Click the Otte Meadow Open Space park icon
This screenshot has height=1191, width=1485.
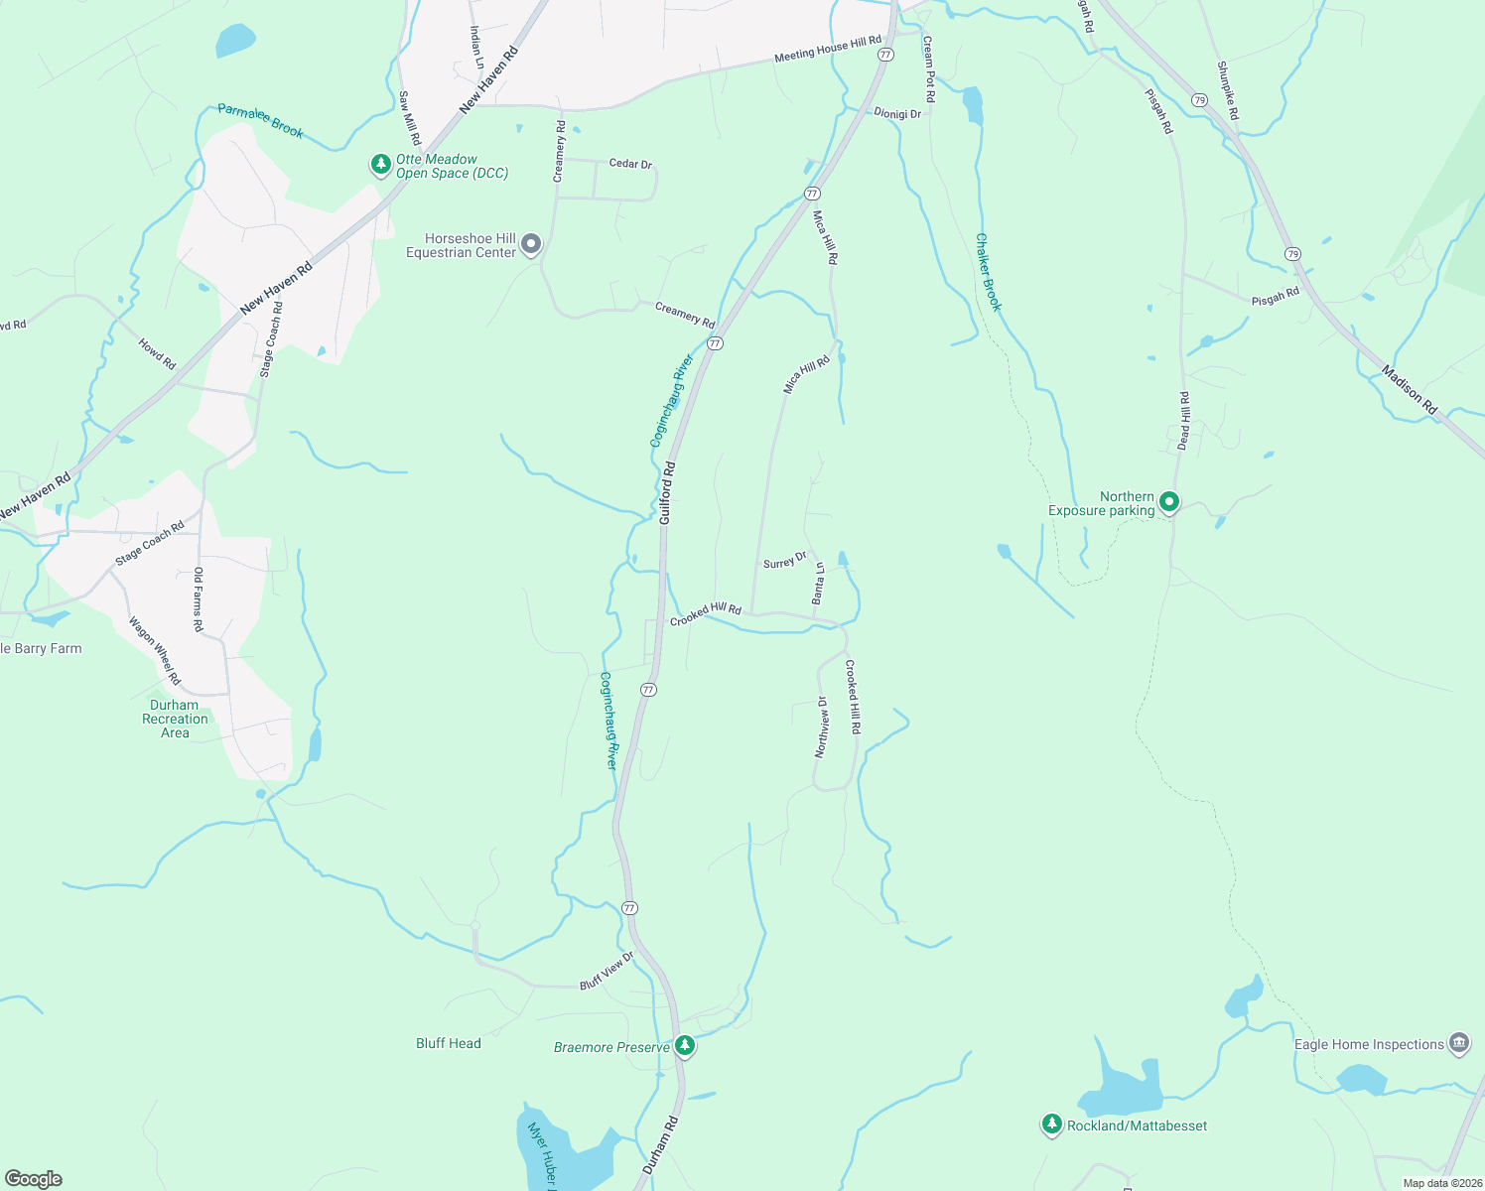point(380,165)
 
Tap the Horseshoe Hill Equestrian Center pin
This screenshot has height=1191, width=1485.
point(531,243)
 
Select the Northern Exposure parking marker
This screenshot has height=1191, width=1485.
point(1169,502)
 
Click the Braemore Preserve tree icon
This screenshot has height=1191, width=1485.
point(684,1045)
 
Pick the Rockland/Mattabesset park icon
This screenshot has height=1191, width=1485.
point(1051,1125)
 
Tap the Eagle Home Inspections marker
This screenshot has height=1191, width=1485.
point(1458,1042)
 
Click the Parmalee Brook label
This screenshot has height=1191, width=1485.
point(260,120)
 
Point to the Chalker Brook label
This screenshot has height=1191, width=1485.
point(988,273)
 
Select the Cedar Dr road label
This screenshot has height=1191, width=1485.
point(630,163)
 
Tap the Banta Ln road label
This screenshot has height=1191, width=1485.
point(819,584)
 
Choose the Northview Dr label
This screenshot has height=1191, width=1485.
point(821,727)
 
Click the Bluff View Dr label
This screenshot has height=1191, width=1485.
point(607,972)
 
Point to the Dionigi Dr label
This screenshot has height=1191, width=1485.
point(897,114)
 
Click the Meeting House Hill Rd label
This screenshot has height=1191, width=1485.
point(827,49)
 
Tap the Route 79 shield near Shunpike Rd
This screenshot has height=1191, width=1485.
point(1199,100)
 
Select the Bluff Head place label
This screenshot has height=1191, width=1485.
point(448,1043)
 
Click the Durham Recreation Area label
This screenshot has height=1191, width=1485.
point(175,719)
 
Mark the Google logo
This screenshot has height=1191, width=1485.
point(33,1179)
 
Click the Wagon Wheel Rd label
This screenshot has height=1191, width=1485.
point(155,651)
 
